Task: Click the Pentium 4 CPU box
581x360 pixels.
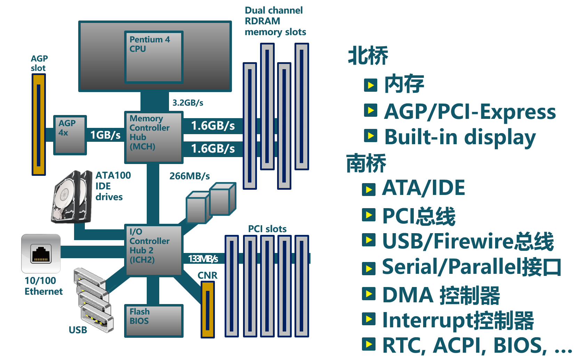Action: (154, 57)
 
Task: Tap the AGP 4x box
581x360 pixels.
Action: (70, 135)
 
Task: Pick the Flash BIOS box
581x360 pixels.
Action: (154, 320)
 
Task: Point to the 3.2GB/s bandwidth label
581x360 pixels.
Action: (188, 103)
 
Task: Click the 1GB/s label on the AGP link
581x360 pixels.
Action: (105, 135)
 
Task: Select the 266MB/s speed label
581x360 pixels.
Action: (189, 176)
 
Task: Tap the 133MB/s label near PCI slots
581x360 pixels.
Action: (203, 259)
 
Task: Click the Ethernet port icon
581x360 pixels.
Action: (41, 253)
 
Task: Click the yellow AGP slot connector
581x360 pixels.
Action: (39, 124)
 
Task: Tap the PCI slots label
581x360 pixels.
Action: (267, 229)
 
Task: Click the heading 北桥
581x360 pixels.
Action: (368, 56)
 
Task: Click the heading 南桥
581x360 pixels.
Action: (366, 163)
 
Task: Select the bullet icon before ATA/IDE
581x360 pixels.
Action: (369, 190)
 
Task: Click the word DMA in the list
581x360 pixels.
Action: (407, 295)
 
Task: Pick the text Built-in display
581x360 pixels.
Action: (460, 137)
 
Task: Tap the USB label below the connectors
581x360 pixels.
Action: (78, 330)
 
